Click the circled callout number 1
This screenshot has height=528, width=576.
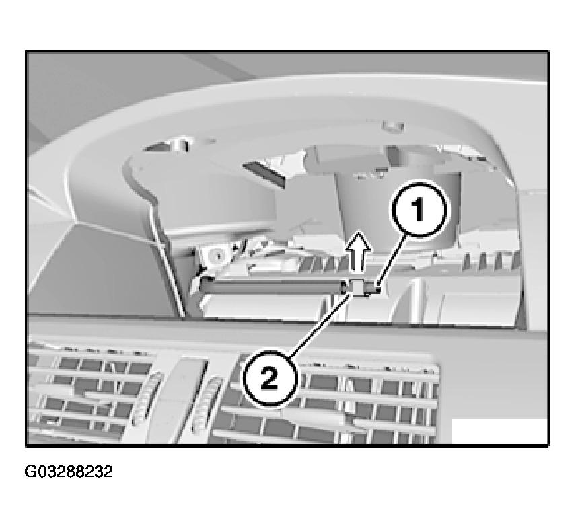pyautogui.click(x=419, y=209)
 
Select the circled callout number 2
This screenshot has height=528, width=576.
pyautogui.click(x=269, y=379)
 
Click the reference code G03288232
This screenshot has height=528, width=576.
pyautogui.click(x=69, y=472)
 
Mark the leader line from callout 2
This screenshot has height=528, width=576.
pyautogui.click(x=320, y=326)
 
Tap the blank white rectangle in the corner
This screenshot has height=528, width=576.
pyautogui.click(x=499, y=431)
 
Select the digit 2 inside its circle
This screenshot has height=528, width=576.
pyautogui.click(x=269, y=379)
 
